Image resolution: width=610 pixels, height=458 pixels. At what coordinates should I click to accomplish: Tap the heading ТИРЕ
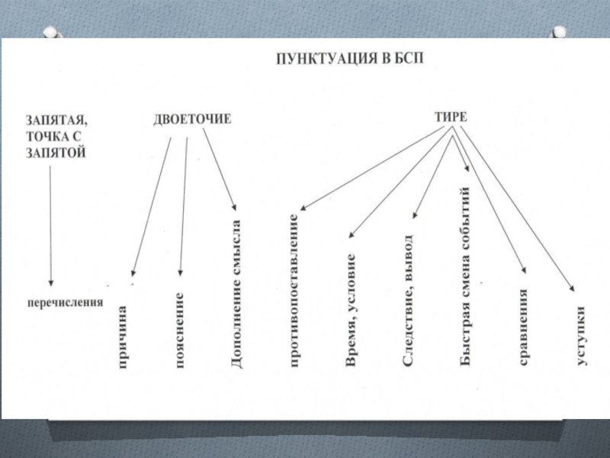[x=451, y=117]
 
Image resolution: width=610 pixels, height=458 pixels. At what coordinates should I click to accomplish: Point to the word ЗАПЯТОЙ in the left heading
[x=56, y=153]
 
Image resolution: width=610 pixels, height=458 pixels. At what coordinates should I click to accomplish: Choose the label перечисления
[x=65, y=302]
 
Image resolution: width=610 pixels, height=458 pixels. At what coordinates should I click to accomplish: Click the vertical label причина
[x=122, y=337]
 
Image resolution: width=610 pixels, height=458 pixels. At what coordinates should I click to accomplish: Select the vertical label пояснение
[x=181, y=331]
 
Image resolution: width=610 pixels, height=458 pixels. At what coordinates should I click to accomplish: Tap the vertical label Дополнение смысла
[x=236, y=295]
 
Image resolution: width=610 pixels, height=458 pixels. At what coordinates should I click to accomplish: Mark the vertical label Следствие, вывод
[x=408, y=300]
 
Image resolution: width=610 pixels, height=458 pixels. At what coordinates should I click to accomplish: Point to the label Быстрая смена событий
[x=467, y=275]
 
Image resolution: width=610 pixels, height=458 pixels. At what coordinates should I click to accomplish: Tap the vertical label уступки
[x=581, y=337]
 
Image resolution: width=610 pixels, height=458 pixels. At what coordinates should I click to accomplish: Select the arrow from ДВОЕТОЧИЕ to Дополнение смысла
[x=221, y=172]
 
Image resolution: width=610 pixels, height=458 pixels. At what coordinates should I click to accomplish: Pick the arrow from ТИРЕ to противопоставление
[x=374, y=169]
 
